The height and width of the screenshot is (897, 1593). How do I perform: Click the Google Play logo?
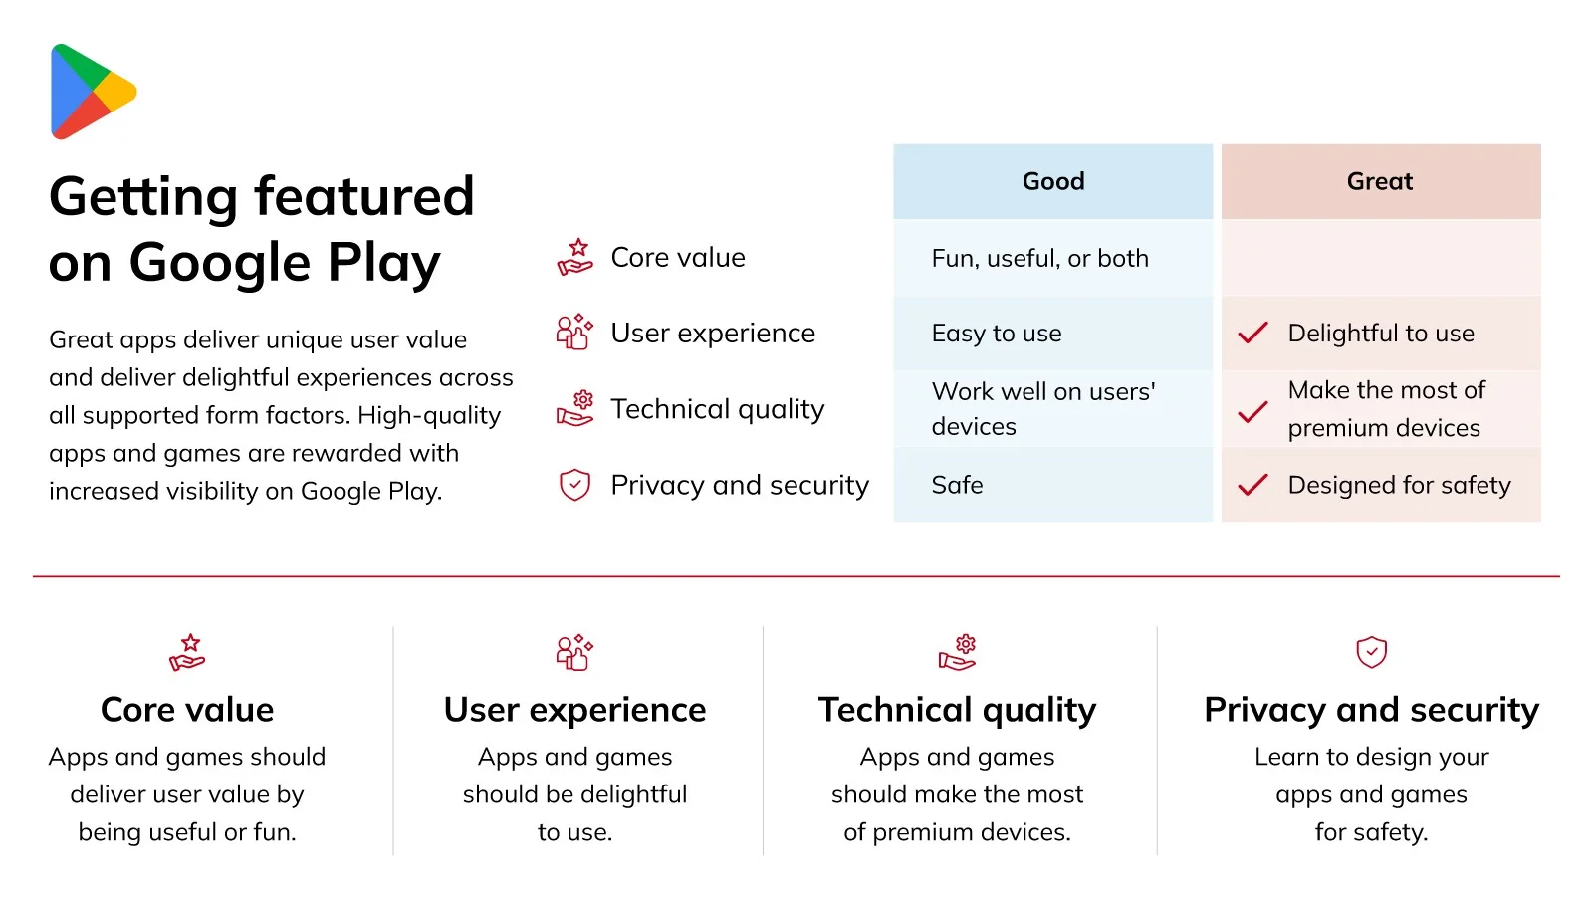(x=94, y=92)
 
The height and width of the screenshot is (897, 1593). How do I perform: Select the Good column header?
(x=1053, y=181)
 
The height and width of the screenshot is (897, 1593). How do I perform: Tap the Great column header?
(x=1381, y=181)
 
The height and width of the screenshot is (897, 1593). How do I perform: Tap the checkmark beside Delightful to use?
(x=1252, y=333)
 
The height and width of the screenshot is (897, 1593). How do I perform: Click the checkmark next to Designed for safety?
(x=1252, y=485)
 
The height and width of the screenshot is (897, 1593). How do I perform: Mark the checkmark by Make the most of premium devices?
(x=1252, y=411)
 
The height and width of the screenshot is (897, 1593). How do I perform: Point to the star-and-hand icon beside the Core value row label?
(x=574, y=257)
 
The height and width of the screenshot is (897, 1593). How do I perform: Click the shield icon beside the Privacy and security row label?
(x=574, y=485)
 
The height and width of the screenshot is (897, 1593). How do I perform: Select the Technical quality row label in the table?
(x=718, y=409)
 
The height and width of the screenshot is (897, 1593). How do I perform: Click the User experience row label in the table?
(x=713, y=333)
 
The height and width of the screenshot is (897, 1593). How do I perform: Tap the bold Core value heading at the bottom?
(x=187, y=709)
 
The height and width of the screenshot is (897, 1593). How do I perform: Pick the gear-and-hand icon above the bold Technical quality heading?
(x=957, y=652)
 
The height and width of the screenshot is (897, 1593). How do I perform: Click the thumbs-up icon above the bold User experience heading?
(x=574, y=651)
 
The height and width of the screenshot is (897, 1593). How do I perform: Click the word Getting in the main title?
(x=143, y=198)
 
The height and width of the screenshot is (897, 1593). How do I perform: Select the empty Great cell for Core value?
(x=1381, y=258)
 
